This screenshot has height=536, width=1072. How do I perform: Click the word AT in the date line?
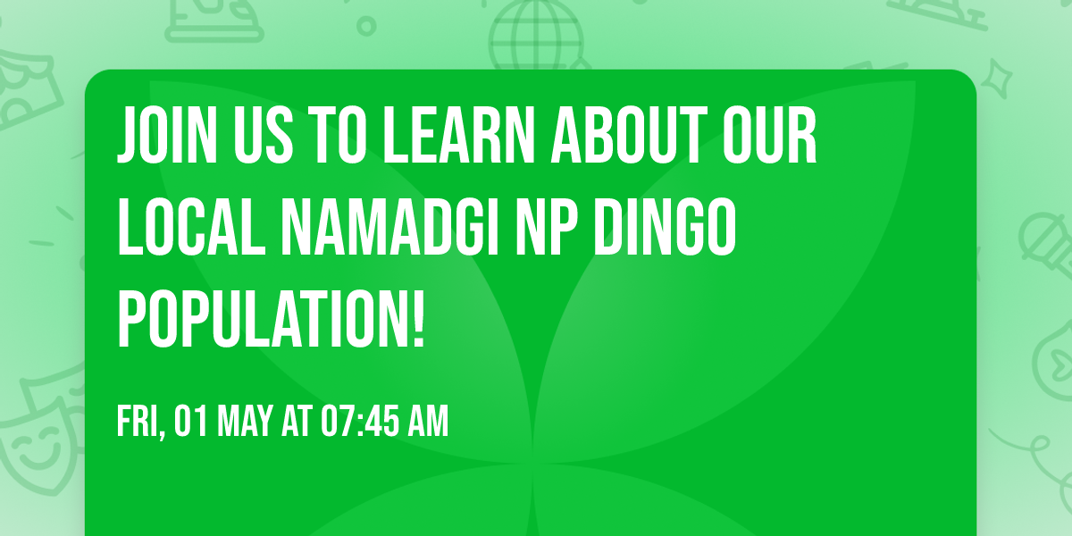pyautogui.click(x=295, y=422)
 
